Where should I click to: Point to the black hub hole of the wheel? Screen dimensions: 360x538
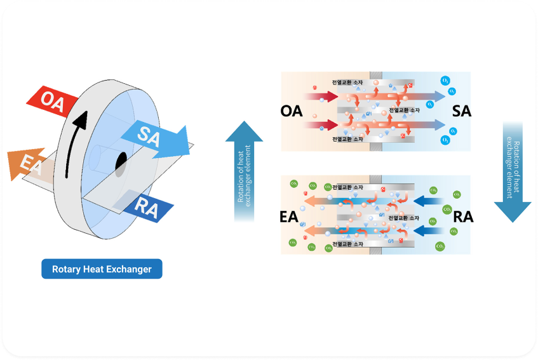pyautogui.click(x=121, y=164)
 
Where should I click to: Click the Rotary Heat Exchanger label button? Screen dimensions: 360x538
pyautogui.click(x=102, y=269)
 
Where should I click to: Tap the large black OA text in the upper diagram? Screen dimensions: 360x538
pyautogui.click(x=291, y=111)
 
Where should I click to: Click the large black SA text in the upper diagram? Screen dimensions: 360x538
pyautogui.click(x=462, y=111)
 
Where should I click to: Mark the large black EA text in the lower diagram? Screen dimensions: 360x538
pyautogui.click(x=289, y=217)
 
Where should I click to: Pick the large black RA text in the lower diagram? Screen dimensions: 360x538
pyautogui.click(x=463, y=217)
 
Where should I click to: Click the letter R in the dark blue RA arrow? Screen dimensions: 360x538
pyautogui.click(x=140, y=206)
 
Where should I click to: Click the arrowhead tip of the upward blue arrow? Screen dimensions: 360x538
pyautogui.click(x=244, y=123)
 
